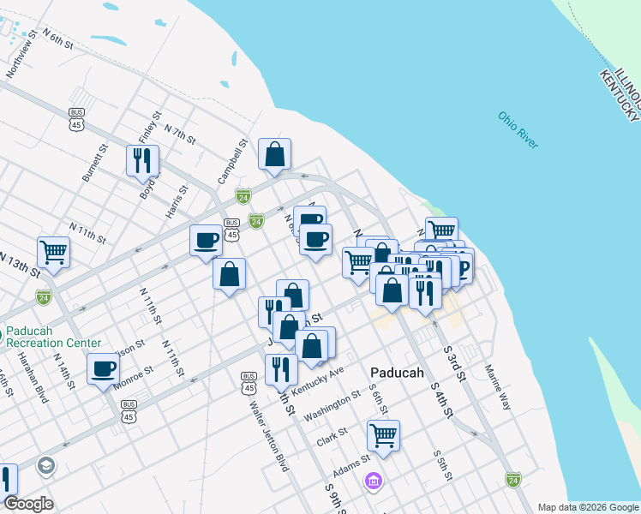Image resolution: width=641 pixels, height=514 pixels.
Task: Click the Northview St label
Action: pos(22,57)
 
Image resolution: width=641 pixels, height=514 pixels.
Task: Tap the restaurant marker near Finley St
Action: pos(143,159)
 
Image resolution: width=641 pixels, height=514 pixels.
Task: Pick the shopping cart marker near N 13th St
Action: pos(53,251)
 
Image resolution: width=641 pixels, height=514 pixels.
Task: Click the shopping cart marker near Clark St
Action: pos(383,434)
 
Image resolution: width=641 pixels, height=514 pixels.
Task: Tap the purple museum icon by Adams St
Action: pos(372,482)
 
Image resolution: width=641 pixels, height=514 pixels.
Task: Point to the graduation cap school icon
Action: pos(45,465)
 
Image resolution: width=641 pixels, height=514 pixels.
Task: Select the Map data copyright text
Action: pos(587,507)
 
